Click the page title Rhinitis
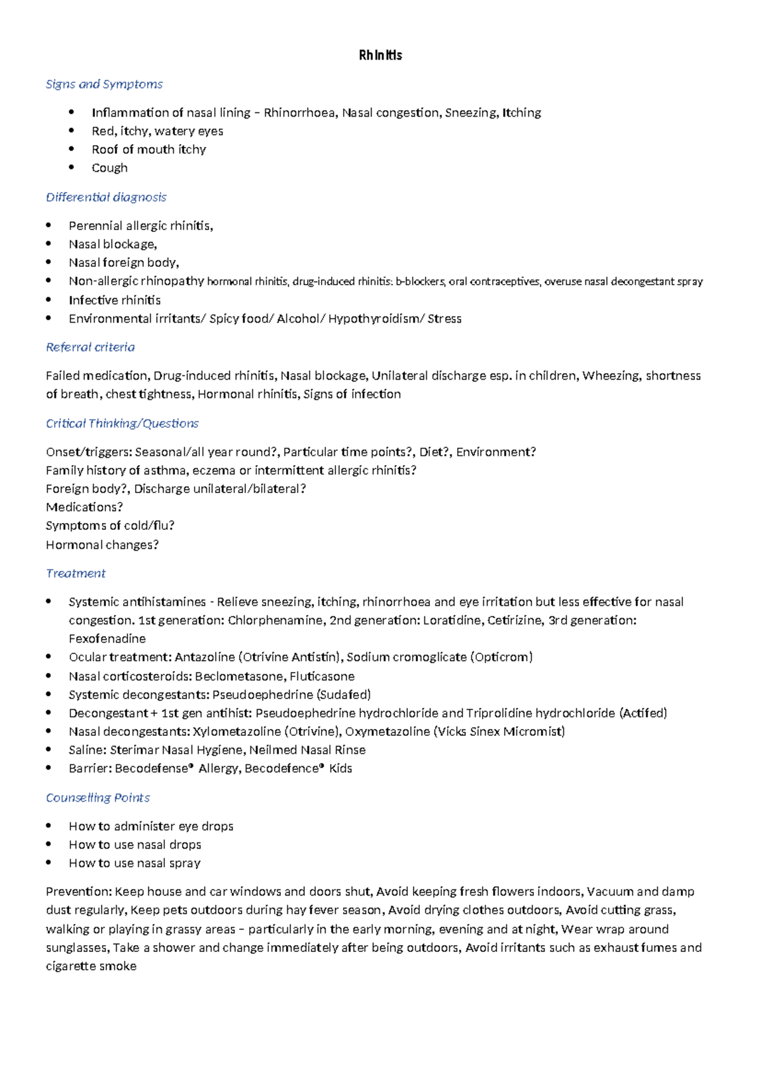click(x=380, y=55)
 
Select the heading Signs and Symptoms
click(x=104, y=84)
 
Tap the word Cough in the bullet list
click(x=110, y=168)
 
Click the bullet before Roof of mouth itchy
click(x=72, y=150)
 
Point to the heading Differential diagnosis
click(x=106, y=197)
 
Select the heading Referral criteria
click(x=90, y=347)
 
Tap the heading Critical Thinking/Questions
click(x=122, y=423)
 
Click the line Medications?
click(x=84, y=507)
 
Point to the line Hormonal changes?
click(x=102, y=545)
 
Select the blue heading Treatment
click(x=75, y=574)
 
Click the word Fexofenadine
click(x=107, y=639)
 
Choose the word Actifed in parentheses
click(x=643, y=713)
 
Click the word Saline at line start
click(x=87, y=750)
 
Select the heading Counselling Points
click(x=98, y=798)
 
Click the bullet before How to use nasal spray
click(x=49, y=863)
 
